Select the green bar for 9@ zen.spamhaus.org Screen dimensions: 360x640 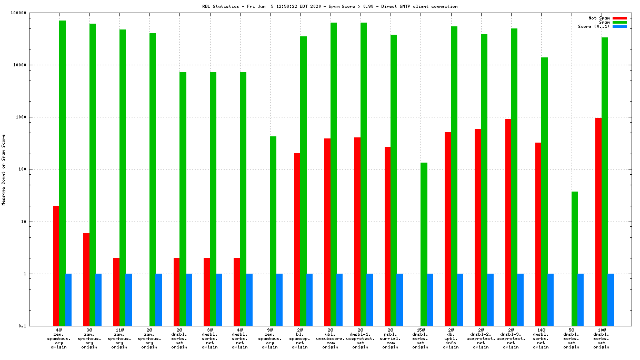[273, 231]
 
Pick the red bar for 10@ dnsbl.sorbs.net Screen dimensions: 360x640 [598, 222]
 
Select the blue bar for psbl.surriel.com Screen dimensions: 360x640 [400, 299]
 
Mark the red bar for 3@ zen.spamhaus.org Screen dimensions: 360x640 [86, 279]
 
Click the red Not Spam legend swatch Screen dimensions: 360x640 [619, 18]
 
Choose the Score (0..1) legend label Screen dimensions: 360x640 [594, 26]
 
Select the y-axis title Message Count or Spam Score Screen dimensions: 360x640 [4, 169]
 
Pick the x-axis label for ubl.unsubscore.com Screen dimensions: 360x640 [331, 338]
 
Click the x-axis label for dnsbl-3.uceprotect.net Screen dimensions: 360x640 [511, 338]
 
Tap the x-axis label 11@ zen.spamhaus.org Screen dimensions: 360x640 [119, 338]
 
